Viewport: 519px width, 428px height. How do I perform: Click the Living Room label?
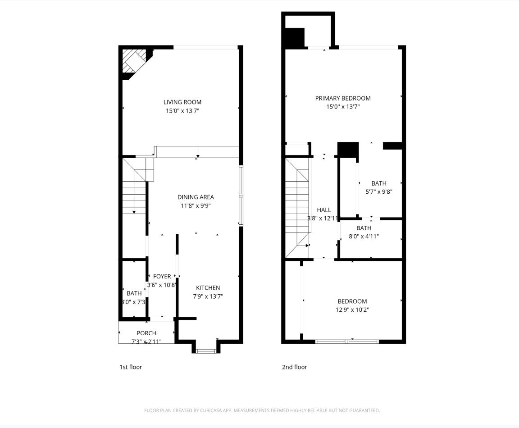(182, 102)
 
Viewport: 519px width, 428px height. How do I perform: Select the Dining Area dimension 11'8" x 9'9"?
(196, 206)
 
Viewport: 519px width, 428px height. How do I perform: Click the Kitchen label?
(208, 288)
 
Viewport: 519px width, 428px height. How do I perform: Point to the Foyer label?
(162, 277)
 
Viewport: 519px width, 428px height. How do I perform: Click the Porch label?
(146, 333)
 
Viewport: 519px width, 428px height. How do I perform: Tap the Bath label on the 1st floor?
(134, 293)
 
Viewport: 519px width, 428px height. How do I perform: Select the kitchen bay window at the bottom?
(207, 351)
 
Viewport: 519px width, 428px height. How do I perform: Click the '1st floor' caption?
(131, 367)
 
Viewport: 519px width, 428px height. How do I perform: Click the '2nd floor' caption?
(294, 367)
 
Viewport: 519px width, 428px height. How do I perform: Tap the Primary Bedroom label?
(343, 98)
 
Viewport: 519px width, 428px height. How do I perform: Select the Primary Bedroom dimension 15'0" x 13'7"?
(343, 107)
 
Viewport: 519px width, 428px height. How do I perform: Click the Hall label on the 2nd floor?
(323, 210)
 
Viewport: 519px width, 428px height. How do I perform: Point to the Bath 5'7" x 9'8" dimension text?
(378, 191)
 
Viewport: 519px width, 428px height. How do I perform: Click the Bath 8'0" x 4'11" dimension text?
(364, 236)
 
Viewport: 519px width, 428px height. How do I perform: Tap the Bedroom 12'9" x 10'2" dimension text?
(352, 310)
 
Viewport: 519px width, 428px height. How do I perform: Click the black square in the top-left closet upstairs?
(295, 38)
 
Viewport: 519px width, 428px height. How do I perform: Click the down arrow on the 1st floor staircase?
(134, 211)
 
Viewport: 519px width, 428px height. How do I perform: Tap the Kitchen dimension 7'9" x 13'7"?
(208, 296)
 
